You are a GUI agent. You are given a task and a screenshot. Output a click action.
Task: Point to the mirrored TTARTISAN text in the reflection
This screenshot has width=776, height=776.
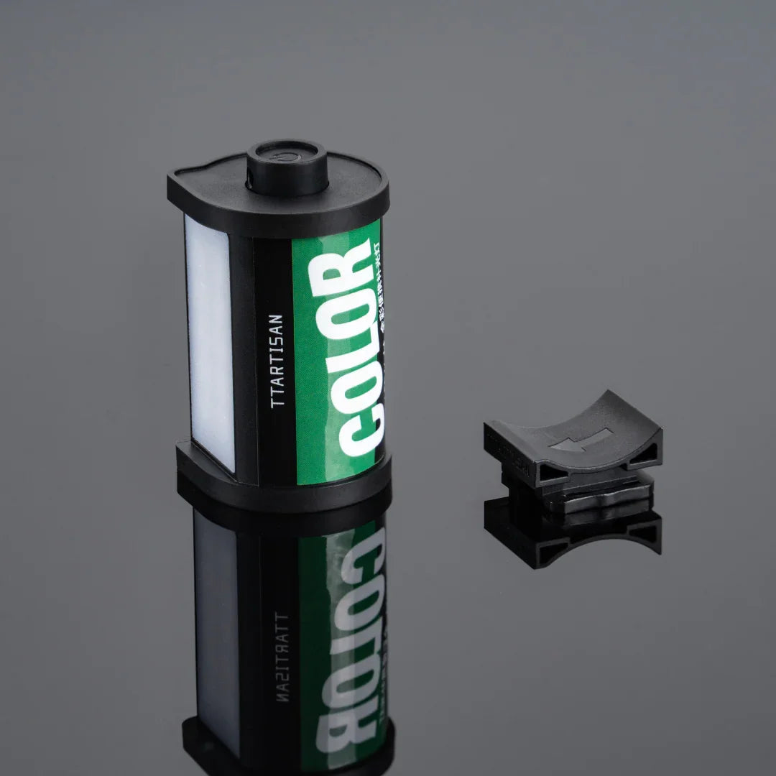(281, 658)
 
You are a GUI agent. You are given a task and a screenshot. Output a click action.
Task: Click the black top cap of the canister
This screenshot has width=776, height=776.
(216, 188)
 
